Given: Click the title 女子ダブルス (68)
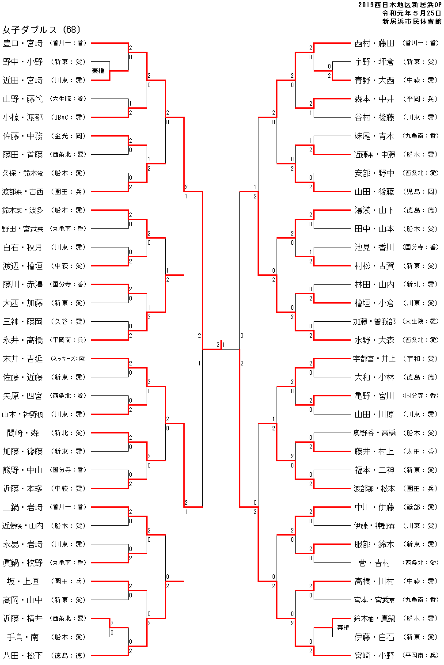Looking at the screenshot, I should point(42,30).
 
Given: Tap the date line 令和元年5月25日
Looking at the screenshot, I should point(411,13).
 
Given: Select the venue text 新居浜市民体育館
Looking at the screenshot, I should point(411,21).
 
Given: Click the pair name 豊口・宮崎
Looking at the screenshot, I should point(23,43).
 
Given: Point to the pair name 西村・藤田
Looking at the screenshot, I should point(374,43).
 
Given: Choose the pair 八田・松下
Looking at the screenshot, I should point(23,655).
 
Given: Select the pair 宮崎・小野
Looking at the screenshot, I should point(374,655).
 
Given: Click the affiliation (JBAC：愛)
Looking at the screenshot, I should point(68,118).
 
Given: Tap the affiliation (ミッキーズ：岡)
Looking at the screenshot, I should point(68,359).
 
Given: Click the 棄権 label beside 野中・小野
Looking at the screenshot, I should point(98,71).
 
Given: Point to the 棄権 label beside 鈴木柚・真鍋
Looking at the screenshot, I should point(343,627).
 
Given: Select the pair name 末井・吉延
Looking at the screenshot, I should point(23,359).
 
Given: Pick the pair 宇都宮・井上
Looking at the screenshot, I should point(374,359).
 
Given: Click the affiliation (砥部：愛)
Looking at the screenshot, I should point(421,507).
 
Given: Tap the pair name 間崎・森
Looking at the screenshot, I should point(23,433).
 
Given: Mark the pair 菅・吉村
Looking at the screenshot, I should point(374,563).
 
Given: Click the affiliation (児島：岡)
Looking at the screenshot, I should point(421,192).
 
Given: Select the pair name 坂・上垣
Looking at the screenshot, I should point(23,581).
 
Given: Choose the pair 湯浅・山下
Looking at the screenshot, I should point(374,210).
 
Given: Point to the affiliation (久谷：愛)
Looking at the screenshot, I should point(68,322).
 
